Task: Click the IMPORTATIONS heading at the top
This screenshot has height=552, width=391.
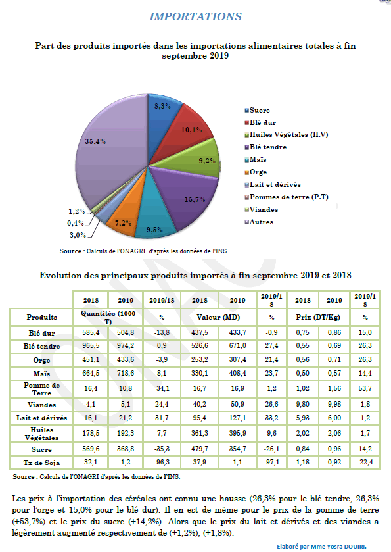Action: tap(196, 16)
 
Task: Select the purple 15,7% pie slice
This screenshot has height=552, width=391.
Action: tap(190, 197)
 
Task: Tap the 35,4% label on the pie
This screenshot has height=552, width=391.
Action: tap(95, 141)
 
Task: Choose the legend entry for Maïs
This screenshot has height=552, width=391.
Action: tap(256, 160)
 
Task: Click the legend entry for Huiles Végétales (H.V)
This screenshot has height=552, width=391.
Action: tap(287, 135)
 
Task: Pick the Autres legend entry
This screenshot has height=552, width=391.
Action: tap(259, 222)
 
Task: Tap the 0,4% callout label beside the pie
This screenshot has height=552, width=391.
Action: tap(76, 223)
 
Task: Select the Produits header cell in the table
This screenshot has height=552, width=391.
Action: tap(41, 318)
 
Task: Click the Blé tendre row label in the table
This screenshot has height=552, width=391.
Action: tap(41, 347)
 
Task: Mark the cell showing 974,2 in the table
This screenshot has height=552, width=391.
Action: tap(126, 346)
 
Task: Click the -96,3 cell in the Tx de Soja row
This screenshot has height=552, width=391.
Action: tap(162, 463)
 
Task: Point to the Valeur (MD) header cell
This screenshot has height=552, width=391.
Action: tap(218, 318)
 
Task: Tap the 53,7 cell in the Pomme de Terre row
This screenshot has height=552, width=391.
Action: tap(365, 388)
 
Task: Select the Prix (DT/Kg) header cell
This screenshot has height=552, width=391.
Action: tap(318, 318)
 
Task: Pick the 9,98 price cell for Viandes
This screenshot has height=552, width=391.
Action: tap(334, 405)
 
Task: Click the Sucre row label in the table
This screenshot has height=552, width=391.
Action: tap(41, 449)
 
